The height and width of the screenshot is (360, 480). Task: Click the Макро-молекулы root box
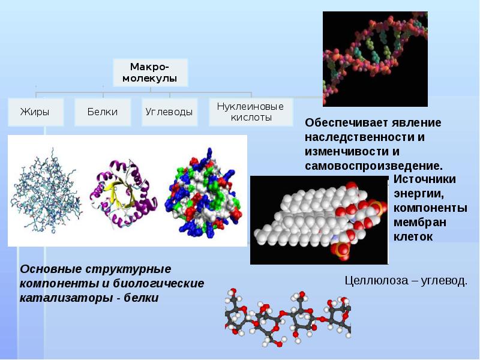(151, 73)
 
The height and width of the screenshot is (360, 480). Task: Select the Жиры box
(35, 112)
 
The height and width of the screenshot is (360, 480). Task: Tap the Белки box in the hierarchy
(103, 112)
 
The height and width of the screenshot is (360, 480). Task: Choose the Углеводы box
(169, 112)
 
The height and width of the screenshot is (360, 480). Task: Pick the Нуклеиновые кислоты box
(251, 112)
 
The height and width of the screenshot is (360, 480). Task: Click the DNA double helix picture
(376, 59)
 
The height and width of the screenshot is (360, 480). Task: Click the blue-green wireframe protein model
(46, 191)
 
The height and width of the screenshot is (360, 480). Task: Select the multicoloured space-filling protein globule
(203, 193)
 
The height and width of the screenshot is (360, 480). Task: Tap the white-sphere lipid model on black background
(319, 220)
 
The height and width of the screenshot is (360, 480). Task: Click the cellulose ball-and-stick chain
(288, 317)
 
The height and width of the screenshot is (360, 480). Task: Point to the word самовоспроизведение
(374, 166)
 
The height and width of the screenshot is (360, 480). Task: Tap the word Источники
(425, 179)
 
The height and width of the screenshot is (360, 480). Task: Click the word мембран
(419, 223)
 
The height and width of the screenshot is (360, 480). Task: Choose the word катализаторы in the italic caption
(66, 298)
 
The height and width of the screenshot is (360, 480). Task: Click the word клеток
(413, 237)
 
